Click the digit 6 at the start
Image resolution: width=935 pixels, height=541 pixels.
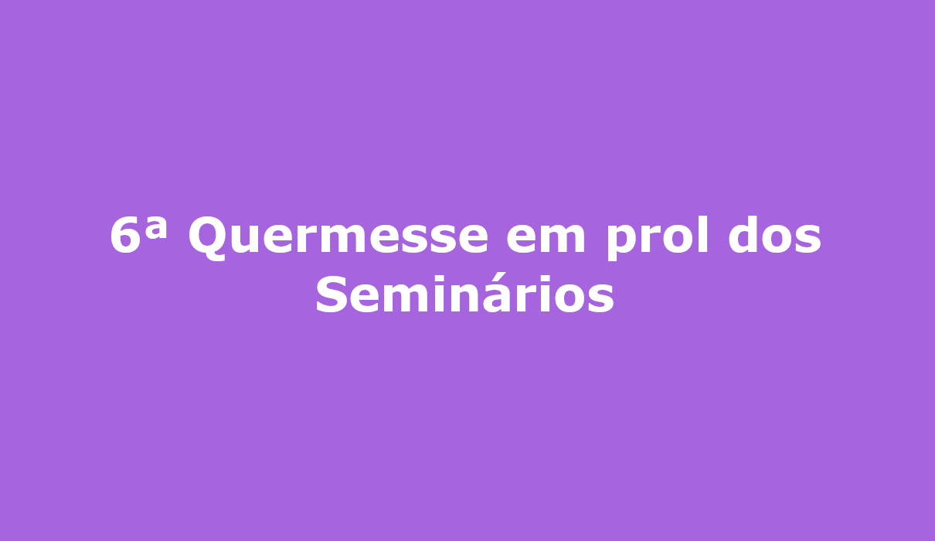[125, 235]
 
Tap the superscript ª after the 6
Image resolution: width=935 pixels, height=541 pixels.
[156, 228]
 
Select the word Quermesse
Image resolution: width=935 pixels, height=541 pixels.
[338, 238]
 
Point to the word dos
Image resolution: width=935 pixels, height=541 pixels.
[775, 235]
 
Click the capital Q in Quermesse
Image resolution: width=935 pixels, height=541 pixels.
[209, 239]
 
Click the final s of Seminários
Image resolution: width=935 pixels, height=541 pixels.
[601, 298]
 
